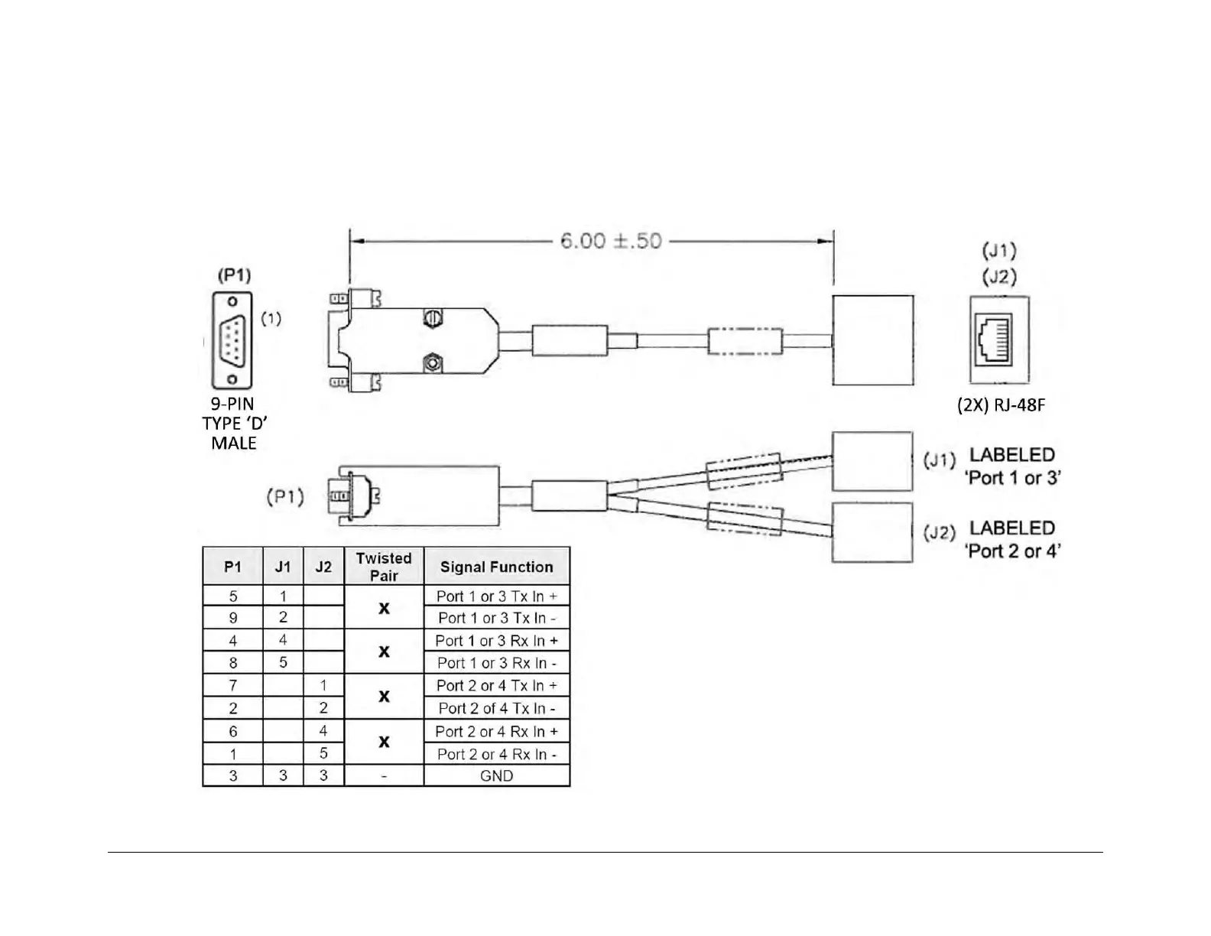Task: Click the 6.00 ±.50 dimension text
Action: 610,242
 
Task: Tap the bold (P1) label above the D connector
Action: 234,275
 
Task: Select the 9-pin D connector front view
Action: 232,340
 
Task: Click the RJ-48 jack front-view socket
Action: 994,339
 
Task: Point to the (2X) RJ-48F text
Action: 1001,405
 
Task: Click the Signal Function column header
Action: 496,567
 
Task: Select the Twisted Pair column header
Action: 384,567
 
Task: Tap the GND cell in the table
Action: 496,775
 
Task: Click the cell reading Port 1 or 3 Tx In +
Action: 496,596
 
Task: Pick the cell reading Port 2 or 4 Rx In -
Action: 496,754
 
